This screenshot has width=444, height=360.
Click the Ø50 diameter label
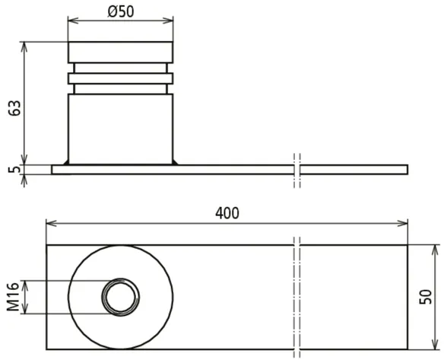121,11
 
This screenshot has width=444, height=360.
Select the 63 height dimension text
14,108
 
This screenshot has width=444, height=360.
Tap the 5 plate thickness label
15,169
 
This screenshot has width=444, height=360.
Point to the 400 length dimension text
227,213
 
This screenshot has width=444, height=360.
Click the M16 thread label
14,297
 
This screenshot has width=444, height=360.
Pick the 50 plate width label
426,297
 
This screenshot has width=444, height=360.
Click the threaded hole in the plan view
121,297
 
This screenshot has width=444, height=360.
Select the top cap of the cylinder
120,53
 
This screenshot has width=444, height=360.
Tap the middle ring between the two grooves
120,78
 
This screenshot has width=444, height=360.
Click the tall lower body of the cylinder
120,129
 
